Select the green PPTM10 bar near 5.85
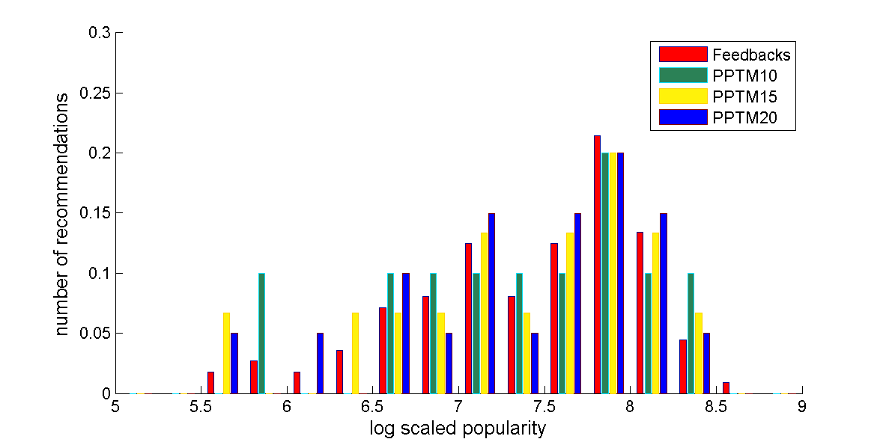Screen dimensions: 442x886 pyautogui.click(x=261, y=333)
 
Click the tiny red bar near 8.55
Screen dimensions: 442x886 pyautogui.click(x=726, y=387)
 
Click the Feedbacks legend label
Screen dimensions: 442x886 pyautogui.click(x=751, y=55)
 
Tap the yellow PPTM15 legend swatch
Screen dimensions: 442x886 pyautogui.click(x=683, y=96)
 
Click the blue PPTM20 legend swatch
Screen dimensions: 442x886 pyautogui.click(x=683, y=117)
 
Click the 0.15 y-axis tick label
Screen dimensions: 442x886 pyautogui.click(x=95, y=213)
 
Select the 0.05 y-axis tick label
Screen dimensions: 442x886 pyautogui.click(x=95, y=333)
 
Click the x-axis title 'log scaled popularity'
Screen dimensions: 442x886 pyautogui.click(x=458, y=429)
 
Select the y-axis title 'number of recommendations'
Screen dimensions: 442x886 pyautogui.click(x=64, y=213)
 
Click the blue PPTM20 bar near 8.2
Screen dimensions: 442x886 pyautogui.click(x=664, y=303)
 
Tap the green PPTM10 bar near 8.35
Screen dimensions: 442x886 pyautogui.click(x=691, y=333)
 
